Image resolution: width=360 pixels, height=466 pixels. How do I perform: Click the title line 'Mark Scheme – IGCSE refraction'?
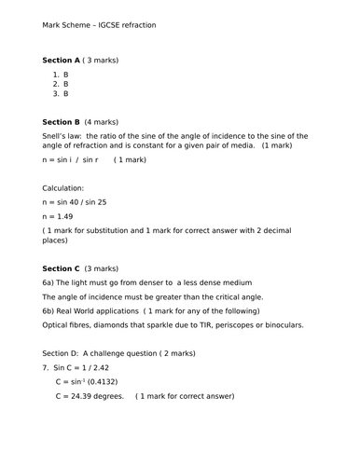(99, 25)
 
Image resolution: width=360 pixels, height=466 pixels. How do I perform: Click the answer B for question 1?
(66, 74)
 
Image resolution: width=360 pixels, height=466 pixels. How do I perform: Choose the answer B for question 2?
(66, 84)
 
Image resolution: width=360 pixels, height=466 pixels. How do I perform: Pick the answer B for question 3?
(66, 94)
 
